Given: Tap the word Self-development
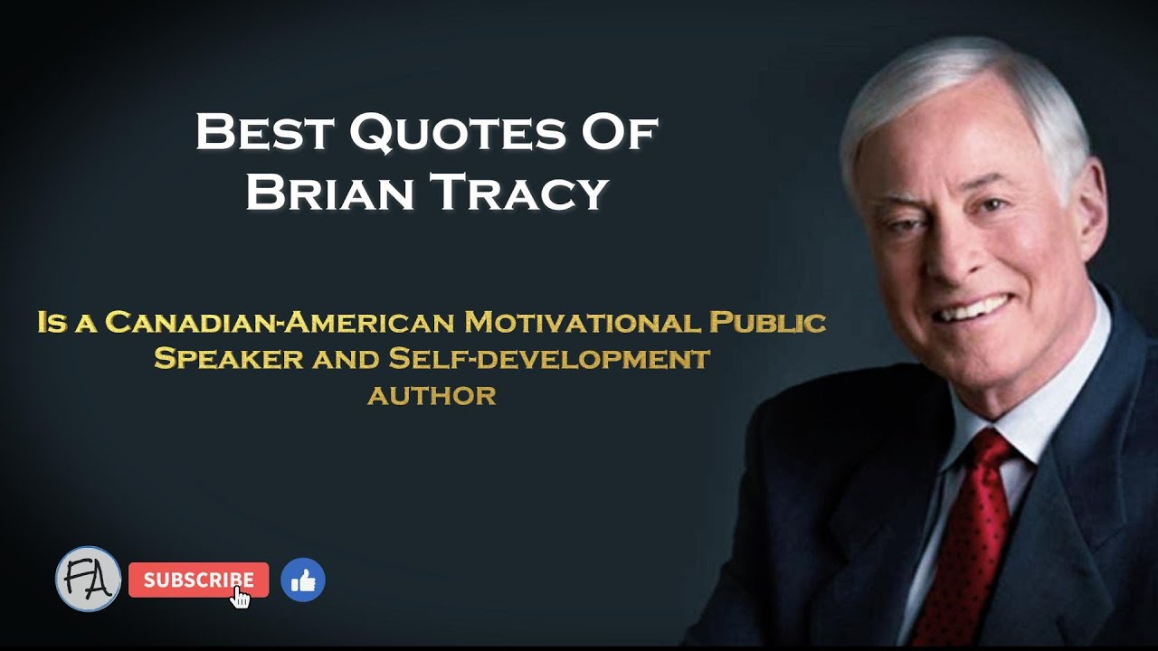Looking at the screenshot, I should [549, 358].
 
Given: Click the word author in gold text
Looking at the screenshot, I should [432, 395].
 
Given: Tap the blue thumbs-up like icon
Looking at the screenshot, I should [302, 580].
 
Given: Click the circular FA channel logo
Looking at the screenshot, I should [88, 579].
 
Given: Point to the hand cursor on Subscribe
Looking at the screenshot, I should [241, 597].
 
